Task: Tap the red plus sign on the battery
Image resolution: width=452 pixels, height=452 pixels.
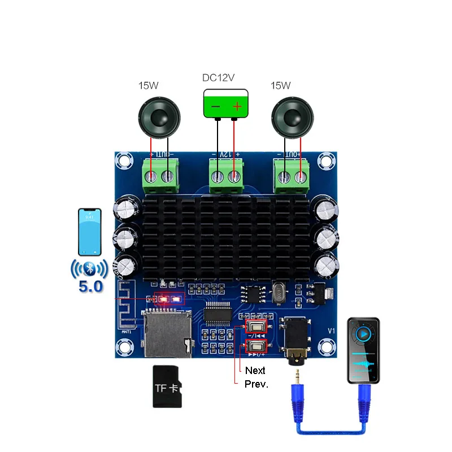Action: [x=237, y=106]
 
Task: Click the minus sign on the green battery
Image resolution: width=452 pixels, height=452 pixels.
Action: [x=215, y=106]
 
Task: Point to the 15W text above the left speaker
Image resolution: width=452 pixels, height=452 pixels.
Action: [x=149, y=86]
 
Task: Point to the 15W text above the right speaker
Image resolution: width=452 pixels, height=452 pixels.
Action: [x=280, y=86]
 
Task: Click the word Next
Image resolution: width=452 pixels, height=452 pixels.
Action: [x=255, y=371]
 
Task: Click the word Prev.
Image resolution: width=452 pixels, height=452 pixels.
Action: [x=257, y=384]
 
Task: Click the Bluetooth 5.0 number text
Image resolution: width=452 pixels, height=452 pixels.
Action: [x=91, y=286]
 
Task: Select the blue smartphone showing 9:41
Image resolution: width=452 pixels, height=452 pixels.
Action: [x=90, y=232]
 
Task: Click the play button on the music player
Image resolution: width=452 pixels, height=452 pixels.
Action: [x=364, y=334]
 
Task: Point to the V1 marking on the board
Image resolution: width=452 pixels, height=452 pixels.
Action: [x=332, y=332]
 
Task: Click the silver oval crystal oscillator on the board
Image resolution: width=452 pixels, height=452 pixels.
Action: [x=279, y=293]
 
